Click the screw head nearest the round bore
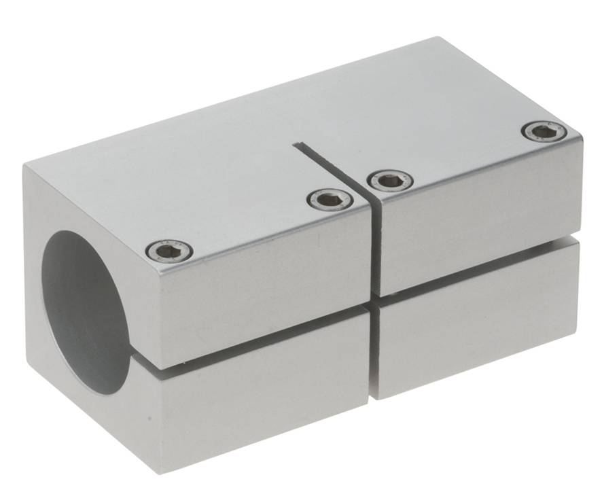(169, 251)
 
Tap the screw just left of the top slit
(330, 199)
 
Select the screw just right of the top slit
(390, 180)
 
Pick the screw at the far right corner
(544, 131)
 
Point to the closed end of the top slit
(297, 145)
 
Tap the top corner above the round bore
(25, 166)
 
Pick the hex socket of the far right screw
(544, 131)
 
